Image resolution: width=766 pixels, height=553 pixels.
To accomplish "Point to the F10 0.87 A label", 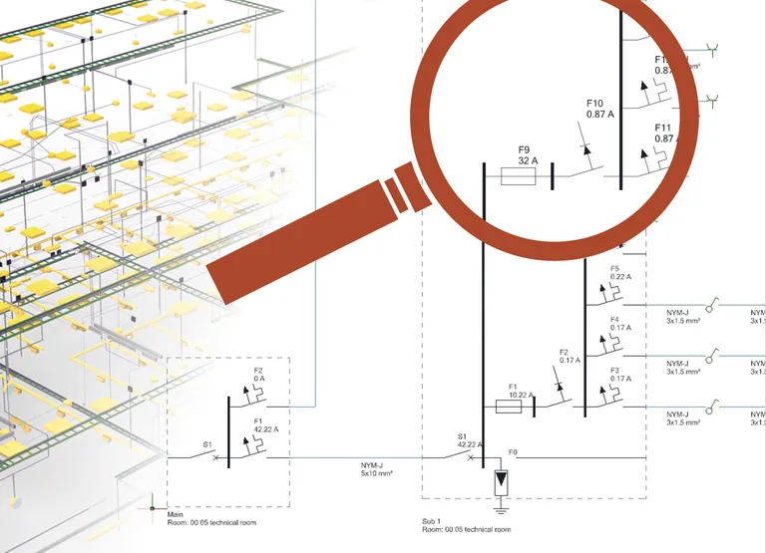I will tap(599, 109).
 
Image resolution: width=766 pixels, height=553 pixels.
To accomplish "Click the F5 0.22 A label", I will tap(621, 273).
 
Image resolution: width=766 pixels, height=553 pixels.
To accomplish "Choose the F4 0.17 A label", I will tap(621, 324).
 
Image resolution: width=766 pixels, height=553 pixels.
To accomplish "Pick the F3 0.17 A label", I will tap(621, 375).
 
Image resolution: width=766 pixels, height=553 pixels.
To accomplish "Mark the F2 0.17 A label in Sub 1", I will tap(570, 356).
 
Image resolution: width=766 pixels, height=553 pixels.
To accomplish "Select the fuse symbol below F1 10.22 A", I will tap(510, 407).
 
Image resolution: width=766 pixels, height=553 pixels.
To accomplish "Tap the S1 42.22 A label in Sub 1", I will tap(469, 440).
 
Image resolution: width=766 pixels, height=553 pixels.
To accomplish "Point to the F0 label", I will tap(514, 452).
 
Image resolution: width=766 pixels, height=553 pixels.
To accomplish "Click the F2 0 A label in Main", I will tap(258, 375).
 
